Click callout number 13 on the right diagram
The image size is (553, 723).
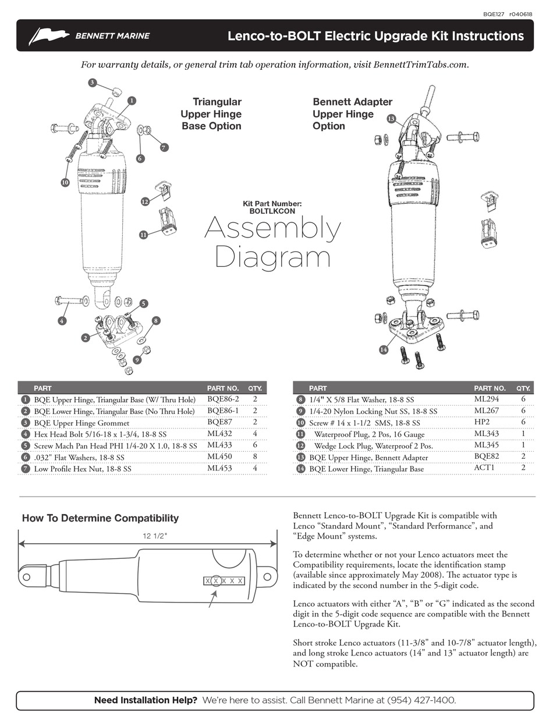391,119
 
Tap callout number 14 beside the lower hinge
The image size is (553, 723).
384,350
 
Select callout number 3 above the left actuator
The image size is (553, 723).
92,83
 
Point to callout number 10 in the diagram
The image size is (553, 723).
65,182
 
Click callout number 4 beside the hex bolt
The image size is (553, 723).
62,321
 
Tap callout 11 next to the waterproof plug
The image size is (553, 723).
143,235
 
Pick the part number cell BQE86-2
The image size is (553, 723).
223,399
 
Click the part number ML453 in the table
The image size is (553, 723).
219,469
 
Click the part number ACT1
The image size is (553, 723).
483,469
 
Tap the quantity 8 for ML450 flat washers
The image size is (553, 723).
255,457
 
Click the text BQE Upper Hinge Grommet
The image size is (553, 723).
81,423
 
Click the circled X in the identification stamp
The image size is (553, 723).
216,581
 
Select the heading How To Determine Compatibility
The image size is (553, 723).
100,518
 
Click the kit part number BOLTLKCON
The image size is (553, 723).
272,211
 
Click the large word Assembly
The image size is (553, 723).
272,229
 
